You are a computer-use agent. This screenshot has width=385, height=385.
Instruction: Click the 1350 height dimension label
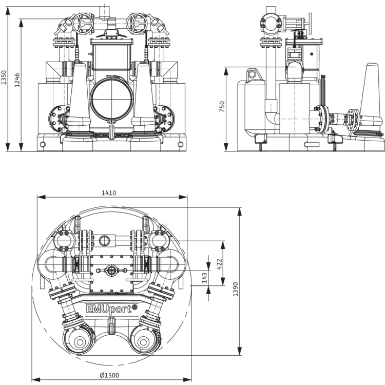click(x=4, y=78)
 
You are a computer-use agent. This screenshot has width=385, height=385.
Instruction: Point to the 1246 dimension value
click(x=17, y=80)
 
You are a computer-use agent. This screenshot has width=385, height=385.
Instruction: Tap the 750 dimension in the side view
click(x=222, y=106)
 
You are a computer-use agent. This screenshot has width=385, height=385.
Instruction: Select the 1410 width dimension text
click(x=109, y=193)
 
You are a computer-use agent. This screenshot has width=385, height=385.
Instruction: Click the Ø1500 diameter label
click(x=109, y=375)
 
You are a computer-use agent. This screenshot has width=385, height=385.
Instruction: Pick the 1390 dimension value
click(x=235, y=289)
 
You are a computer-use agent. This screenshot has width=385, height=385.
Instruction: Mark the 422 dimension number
click(x=219, y=264)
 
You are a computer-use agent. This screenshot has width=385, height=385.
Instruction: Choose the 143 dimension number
click(x=204, y=278)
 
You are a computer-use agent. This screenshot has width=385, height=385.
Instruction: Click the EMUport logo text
click(x=109, y=309)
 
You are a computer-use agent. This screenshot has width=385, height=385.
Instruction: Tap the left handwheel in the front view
click(x=83, y=24)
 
